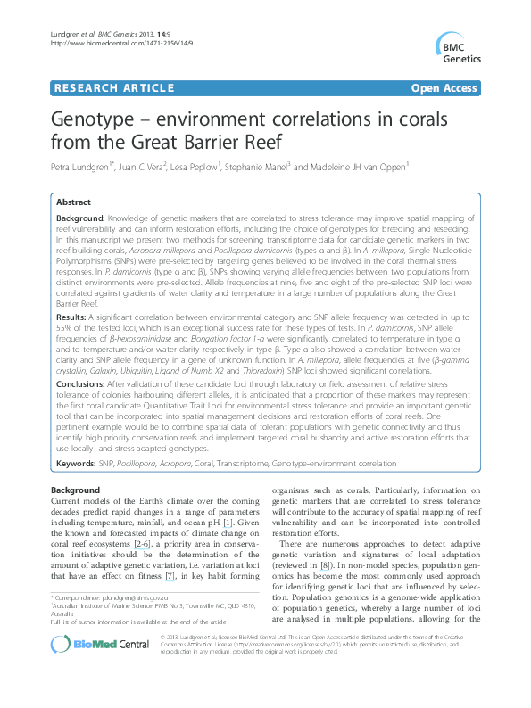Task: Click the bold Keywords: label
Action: coord(76,465)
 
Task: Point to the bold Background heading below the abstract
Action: coord(75,490)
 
